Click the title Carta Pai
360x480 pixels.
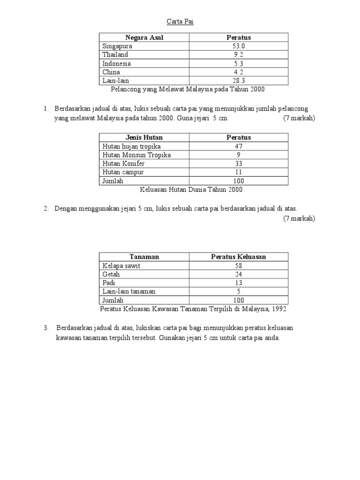[x=180, y=22]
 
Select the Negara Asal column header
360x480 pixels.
[x=144, y=37]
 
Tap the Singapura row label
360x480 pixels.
[x=117, y=46]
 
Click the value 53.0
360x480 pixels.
[x=239, y=46]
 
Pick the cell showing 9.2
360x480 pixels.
[x=239, y=55]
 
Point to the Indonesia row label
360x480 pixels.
[x=117, y=63]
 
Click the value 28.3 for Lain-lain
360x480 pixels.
[x=239, y=81]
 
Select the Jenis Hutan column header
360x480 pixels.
[x=144, y=137]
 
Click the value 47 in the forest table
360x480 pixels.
[x=239, y=146]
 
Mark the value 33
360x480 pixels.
[x=239, y=163]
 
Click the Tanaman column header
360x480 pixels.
[x=144, y=257]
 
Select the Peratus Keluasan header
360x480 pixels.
[x=239, y=257]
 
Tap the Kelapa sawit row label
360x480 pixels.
[x=121, y=266]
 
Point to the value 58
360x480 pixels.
[x=239, y=266]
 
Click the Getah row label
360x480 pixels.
[x=111, y=274]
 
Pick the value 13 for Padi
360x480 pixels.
[x=239, y=283]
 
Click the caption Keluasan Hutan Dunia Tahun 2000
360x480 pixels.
[x=191, y=189]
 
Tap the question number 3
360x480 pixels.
[x=46, y=328]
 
